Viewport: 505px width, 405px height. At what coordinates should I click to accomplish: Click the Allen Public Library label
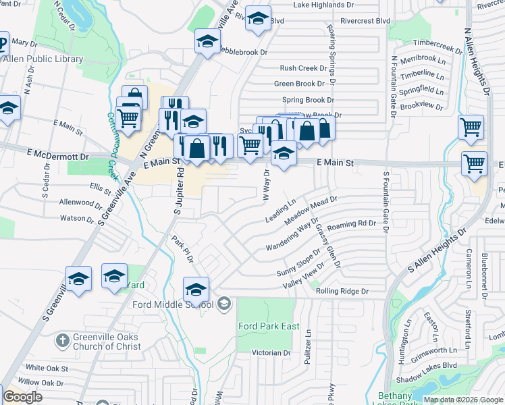[43, 59]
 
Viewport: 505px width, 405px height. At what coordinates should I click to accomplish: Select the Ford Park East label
[269, 326]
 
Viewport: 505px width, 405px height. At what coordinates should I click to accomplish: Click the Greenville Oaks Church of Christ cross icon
[62, 341]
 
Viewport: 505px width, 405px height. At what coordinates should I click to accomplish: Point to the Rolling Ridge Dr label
[342, 292]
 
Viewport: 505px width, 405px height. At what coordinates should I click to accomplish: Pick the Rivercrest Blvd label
[366, 21]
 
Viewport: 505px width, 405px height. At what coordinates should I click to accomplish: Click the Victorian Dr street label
[270, 352]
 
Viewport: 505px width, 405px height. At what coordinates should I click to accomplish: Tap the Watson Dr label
[77, 218]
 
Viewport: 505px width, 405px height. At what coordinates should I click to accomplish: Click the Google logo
[22, 397]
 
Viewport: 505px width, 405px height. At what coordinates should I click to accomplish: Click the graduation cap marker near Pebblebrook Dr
[207, 41]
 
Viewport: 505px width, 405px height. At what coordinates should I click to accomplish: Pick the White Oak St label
[47, 368]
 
